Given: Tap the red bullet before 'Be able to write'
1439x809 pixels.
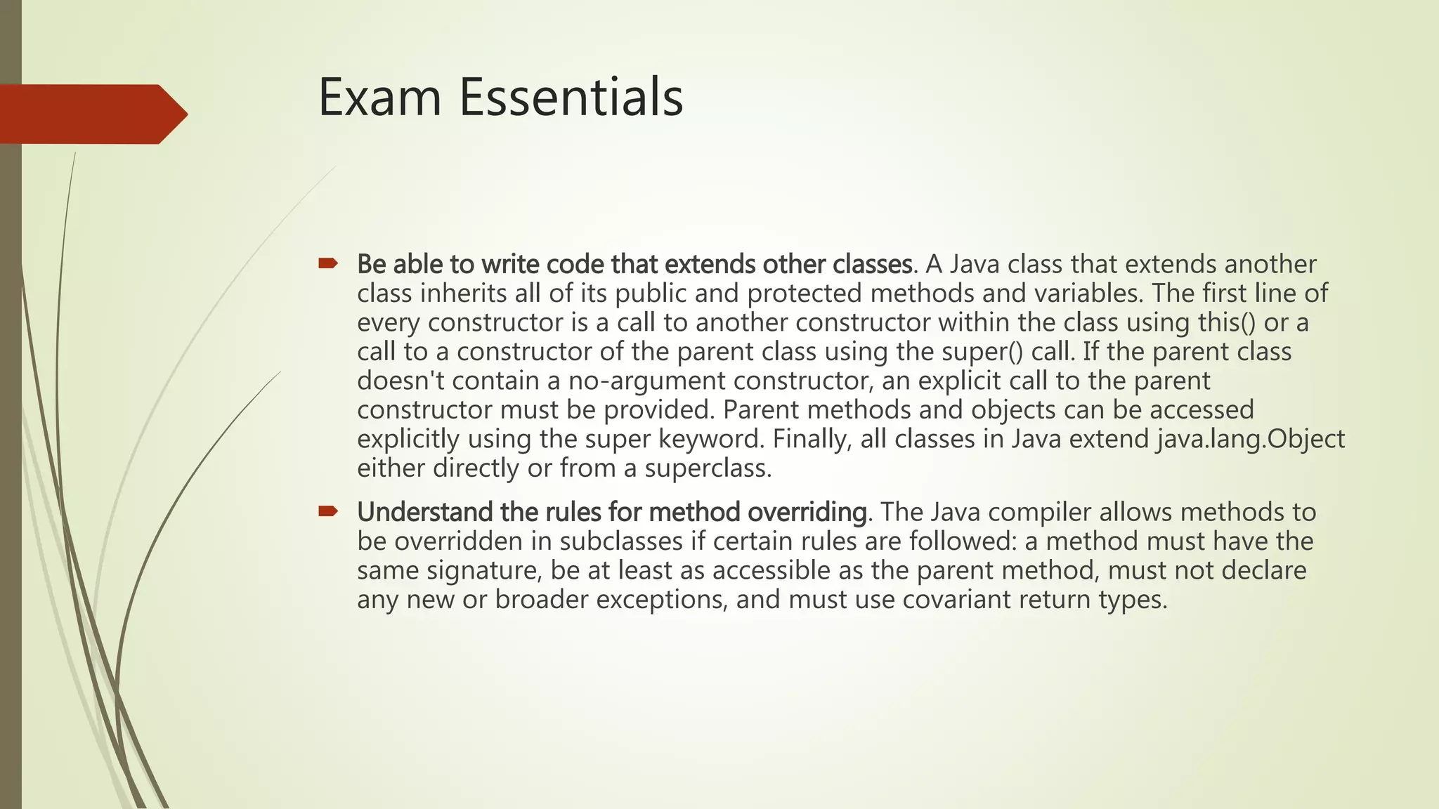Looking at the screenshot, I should [x=327, y=264].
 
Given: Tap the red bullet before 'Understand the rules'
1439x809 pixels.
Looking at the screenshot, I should [x=327, y=511].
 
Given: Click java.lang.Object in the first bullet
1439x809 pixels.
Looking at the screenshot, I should [x=1251, y=439].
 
